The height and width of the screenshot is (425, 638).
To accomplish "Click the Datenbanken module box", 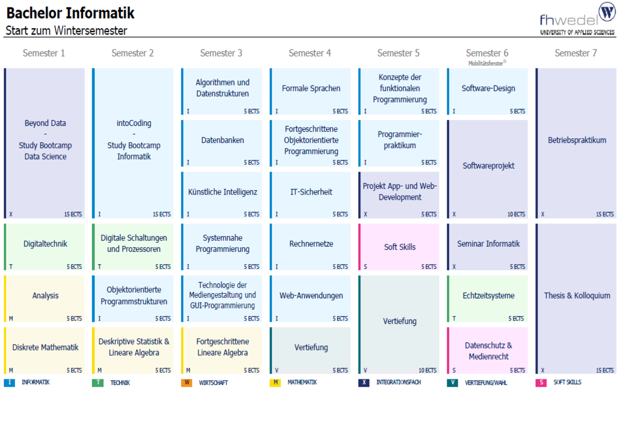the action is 222,143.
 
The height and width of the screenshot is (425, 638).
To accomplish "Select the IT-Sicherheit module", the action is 310,195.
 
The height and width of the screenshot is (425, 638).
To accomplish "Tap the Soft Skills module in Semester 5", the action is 399,247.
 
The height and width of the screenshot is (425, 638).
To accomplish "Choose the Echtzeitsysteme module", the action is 488,299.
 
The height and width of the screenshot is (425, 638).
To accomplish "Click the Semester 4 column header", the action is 310,53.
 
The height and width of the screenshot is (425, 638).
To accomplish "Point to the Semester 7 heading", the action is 576,53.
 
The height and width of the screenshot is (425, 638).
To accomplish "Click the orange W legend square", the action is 187,382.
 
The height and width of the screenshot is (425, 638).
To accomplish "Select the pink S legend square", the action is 541,382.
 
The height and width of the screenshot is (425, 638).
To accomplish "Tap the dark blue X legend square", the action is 364,382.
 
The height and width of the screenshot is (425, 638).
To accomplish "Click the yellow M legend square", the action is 275,382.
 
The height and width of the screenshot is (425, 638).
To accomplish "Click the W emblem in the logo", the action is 607,12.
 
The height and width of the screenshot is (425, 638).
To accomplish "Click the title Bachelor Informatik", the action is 70,13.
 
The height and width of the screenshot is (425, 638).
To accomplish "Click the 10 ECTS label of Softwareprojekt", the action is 516,214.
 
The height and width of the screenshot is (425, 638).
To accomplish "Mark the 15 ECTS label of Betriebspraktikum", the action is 605,214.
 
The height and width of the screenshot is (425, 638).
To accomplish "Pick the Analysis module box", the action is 44,299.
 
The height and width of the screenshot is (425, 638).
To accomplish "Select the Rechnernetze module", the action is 310,247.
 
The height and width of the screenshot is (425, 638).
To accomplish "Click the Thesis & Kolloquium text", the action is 577,295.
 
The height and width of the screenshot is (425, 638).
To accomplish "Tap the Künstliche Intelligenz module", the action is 222,195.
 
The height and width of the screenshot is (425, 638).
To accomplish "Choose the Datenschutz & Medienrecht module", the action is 488,351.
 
